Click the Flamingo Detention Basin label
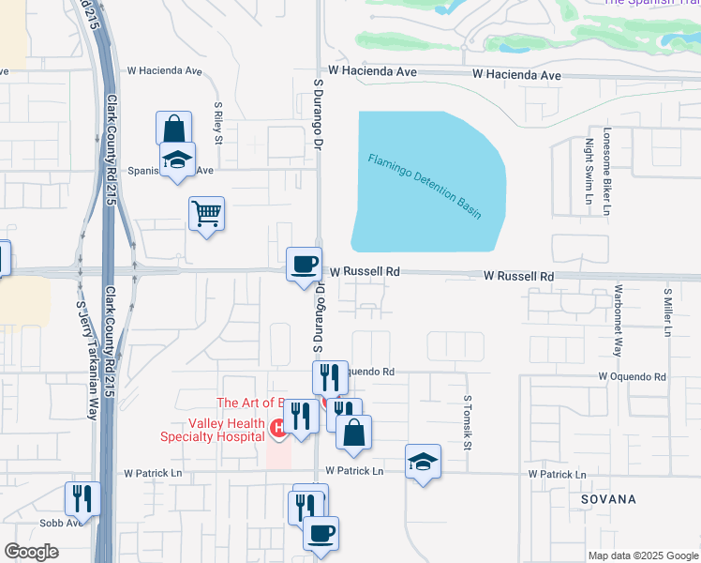[x=425, y=187]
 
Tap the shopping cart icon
[x=206, y=213]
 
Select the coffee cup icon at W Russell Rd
[x=303, y=264]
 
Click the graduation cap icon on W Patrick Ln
[x=423, y=461]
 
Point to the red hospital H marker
[x=278, y=429]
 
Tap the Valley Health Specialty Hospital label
[x=212, y=430]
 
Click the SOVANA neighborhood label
[x=607, y=499]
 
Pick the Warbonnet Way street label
[x=618, y=320]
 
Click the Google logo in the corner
[x=31, y=552]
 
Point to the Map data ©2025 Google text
[x=642, y=555]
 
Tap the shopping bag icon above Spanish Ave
[x=173, y=128]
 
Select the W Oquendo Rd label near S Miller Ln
[x=633, y=376]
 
